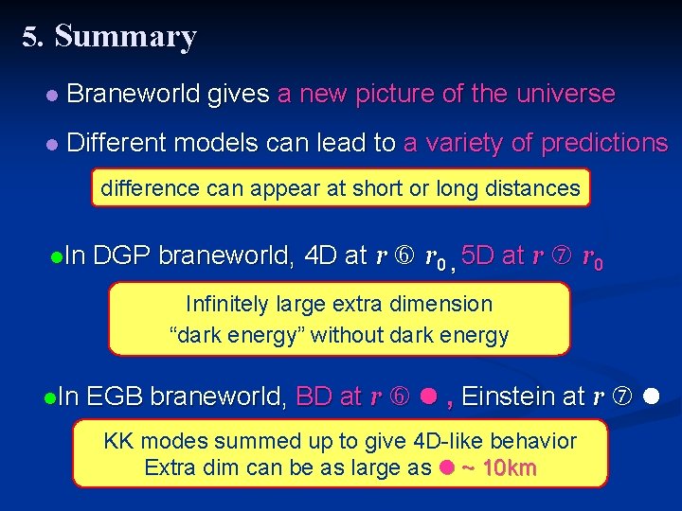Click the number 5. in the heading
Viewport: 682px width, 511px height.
point(34,37)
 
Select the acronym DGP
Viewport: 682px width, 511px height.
point(123,255)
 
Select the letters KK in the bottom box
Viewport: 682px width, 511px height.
point(117,441)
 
